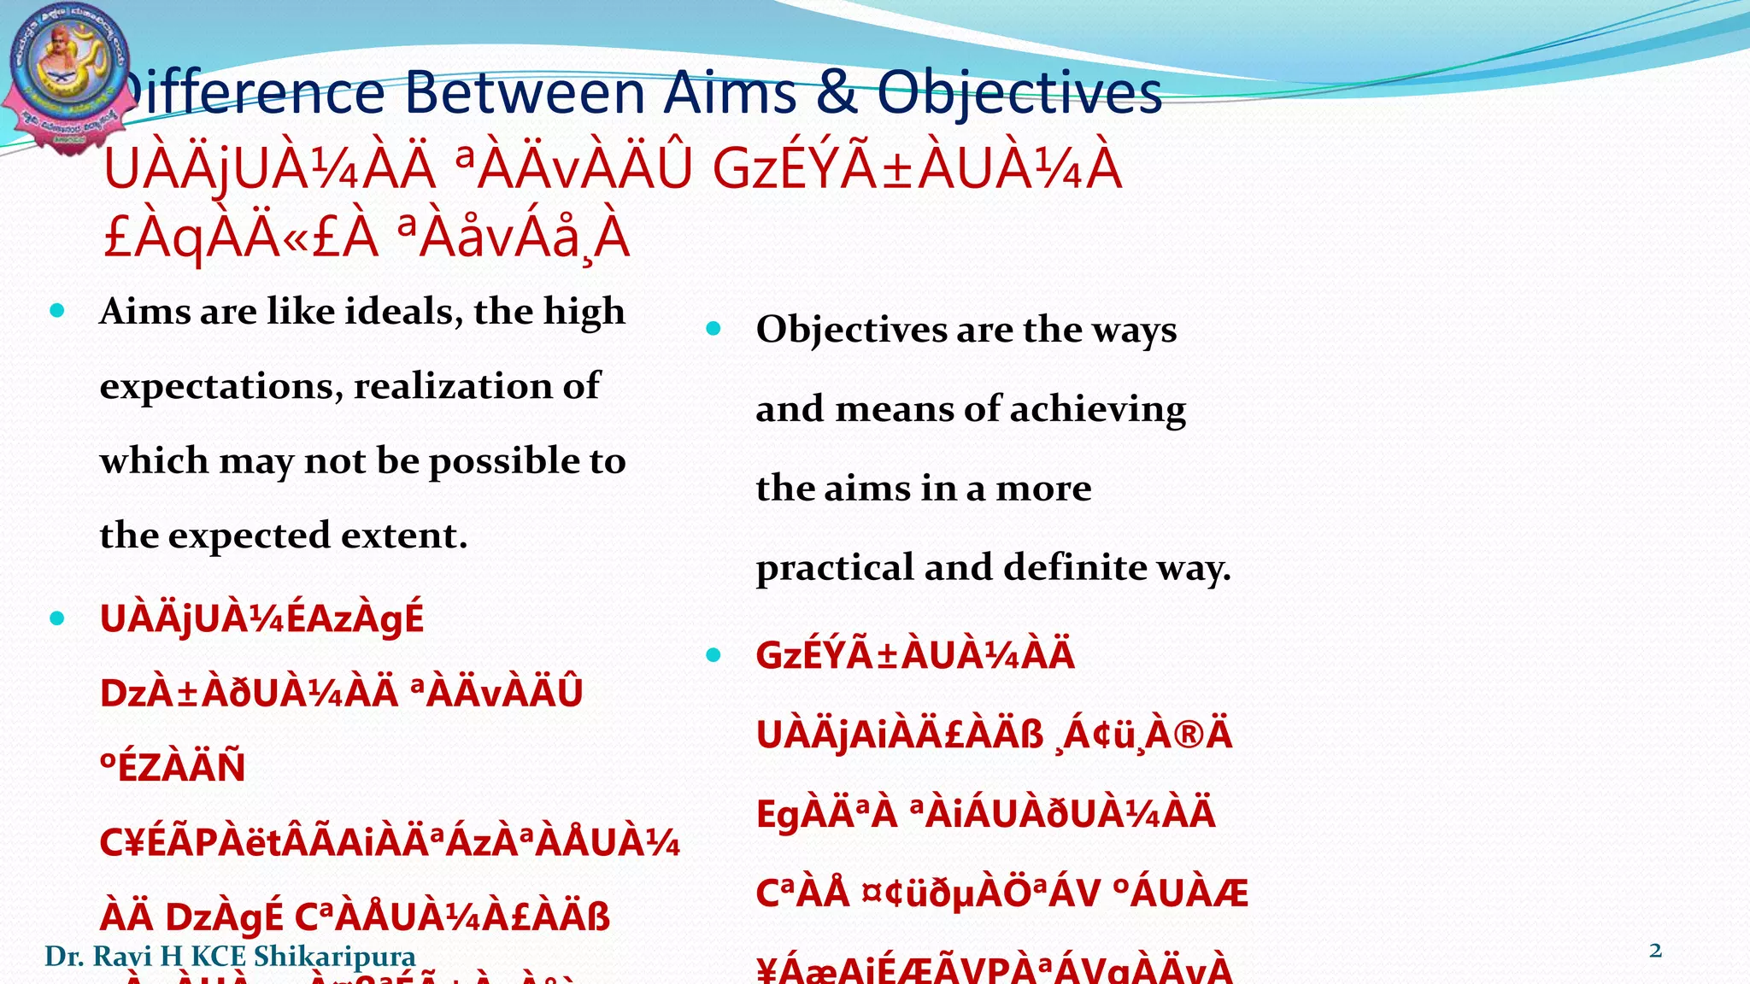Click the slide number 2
pyautogui.click(x=1655, y=951)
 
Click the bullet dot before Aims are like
pyautogui.click(x=57, y=311)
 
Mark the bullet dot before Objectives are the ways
pyautogui.click(x=714, y=329)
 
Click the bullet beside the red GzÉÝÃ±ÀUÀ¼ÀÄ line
pyautogui.click(x=714, y=655)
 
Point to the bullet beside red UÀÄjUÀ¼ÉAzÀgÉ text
pyautogui.click(x=57, y=618)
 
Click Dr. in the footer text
pyautogui.click(x=62, y=957)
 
